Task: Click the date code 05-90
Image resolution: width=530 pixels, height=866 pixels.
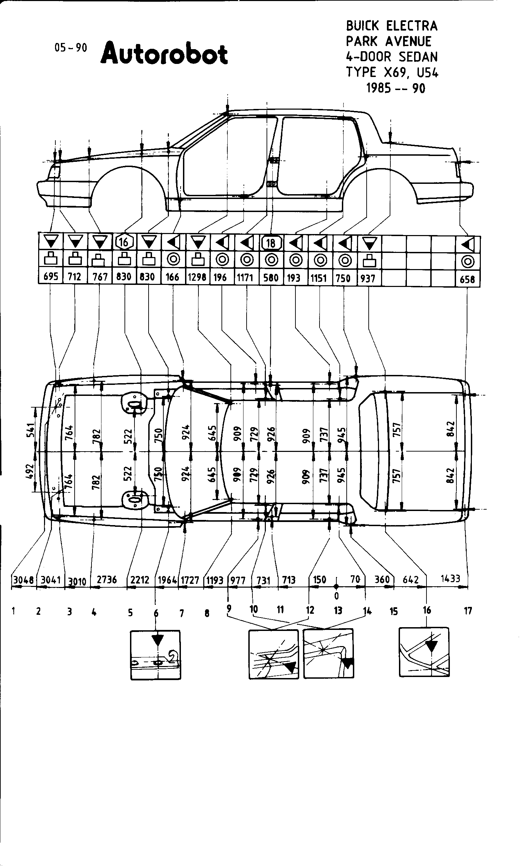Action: (71, 48)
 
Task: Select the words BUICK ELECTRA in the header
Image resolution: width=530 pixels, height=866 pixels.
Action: (392, 26)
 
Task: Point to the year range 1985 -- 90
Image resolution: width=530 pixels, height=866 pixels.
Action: (396, 88)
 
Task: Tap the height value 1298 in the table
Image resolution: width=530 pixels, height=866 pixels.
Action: (197, 277)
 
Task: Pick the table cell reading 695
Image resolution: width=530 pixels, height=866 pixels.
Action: (51, 277)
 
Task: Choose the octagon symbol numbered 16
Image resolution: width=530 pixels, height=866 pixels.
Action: (124, 242)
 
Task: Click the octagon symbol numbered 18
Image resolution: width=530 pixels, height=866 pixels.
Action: (270, 243)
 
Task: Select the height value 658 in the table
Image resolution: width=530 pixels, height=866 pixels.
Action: (467, 279)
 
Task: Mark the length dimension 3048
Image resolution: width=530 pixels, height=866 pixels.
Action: (23, 579)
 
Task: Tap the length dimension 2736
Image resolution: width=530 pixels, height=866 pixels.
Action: (107, 579)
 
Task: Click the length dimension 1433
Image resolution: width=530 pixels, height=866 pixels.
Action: (450, 578)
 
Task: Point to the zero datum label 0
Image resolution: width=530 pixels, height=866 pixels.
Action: (337, 595)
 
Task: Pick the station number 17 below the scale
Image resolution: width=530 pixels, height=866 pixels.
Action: (468, 611)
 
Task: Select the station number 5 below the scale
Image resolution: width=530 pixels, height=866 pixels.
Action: (130, 613)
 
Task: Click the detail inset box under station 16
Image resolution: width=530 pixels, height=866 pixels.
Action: (424, 652)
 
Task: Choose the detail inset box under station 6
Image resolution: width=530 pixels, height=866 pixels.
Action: (156, 655)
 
